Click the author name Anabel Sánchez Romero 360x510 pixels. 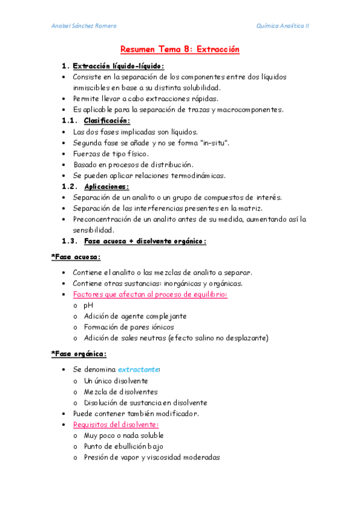84,26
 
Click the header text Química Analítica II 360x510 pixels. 282,26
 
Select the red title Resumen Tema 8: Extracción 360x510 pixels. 180,49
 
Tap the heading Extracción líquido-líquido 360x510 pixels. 118,66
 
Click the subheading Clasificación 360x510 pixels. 107,121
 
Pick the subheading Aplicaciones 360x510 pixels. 106,186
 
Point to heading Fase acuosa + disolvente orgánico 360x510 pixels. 145,241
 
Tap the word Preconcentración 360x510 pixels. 102,219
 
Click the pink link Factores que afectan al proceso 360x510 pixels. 150,294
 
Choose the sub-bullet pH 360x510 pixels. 88,305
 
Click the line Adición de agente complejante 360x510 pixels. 135,316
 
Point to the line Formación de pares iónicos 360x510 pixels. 129,327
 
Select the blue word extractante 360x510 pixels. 138,369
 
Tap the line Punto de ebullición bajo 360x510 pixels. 123,446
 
